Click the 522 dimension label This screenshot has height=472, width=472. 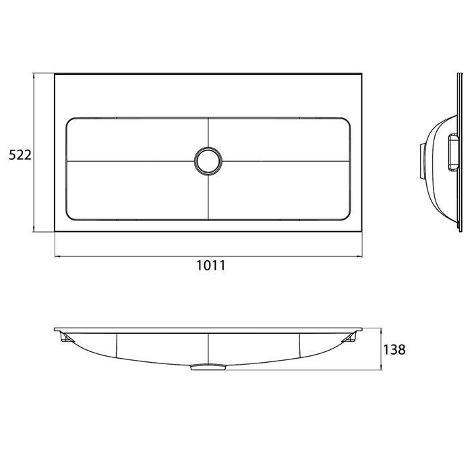click(20, 155)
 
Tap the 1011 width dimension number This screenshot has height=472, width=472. click(210, 265)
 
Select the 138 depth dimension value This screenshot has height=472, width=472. click(394, 350)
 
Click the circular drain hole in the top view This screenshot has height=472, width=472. click(208, 160)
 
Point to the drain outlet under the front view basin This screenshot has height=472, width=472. click(208, 367)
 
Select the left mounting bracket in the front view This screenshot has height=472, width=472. click(66, 336)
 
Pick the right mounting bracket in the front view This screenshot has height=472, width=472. click(351, 336)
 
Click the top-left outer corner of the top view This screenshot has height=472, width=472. click(55, 74)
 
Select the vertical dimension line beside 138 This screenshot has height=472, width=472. click(381, 349)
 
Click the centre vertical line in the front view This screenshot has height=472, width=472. click(208, 347)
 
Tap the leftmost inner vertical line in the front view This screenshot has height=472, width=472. click(118, 345)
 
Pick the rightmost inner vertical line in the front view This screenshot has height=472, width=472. click(299, 345)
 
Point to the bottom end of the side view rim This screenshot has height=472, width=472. click(461, 233)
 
